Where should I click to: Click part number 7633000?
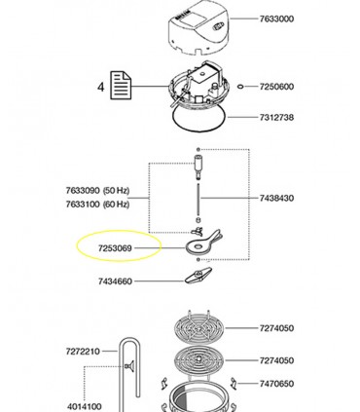click(276, 19)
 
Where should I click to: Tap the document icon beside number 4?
click(121, 86)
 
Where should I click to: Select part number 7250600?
click(276, 87)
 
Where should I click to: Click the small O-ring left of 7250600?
click(240, 87)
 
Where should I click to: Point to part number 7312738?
click(276, 117)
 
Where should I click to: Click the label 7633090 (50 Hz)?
click(97, 190)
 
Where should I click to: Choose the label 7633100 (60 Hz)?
click(97, 205)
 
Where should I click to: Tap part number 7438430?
click(276, 198)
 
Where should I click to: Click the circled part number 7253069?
click(115, 248)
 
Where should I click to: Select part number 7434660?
click(115, 281)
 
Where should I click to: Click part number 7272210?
click(83, 352)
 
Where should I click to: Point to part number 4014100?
click(85, 406)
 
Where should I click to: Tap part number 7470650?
click(276, 384)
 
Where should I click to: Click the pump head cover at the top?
click(199, 28)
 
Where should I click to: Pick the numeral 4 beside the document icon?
click(101, 87)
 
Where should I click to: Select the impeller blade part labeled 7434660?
click(198, 275)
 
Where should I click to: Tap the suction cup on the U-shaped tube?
click(129, 366)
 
